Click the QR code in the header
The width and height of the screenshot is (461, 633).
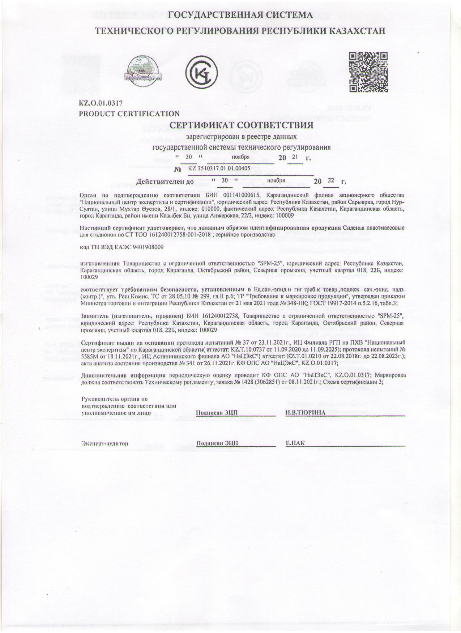tap(368, 72)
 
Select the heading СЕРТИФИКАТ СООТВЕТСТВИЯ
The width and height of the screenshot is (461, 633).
tap(241, 126)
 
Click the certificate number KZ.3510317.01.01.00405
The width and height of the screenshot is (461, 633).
tap(219, 168)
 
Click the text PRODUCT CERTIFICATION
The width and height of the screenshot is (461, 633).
tap(129, 114)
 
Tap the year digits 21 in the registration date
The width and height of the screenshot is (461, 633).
tap(295, 157)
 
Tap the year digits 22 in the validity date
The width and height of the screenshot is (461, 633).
tap(331, 180)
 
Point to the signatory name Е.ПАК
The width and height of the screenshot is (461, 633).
tap(295, 443)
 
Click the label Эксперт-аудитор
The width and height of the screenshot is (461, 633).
tap(105, 443)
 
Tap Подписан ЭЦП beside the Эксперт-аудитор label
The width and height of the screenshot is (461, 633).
tap(217, 443)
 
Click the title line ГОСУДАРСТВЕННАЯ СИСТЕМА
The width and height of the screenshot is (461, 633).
tap(241, 15)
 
